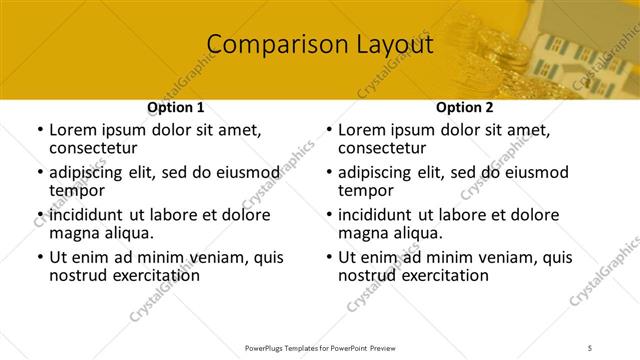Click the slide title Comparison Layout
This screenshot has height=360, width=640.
[320, 45]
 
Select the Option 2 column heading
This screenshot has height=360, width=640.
[465, 107]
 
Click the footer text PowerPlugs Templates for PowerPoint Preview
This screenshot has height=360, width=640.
[319, 347]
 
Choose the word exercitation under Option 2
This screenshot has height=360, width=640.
[429, 275]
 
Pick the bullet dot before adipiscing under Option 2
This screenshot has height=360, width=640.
[328, 173]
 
